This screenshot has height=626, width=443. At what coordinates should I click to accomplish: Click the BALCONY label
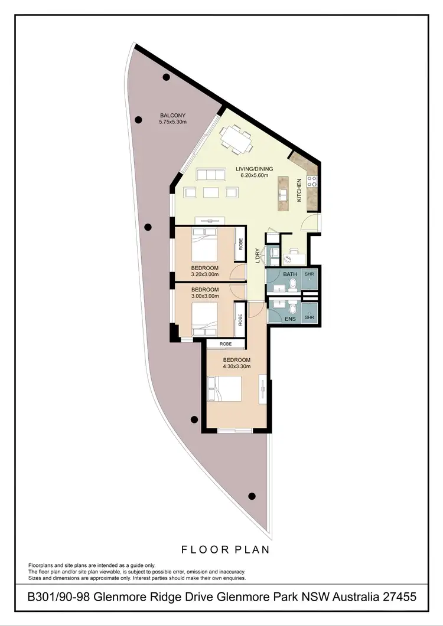click(172, 116)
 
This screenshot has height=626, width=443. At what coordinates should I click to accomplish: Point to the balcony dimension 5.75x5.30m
click(172, 122)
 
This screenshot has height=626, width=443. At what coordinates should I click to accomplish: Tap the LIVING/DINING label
click(252, 169)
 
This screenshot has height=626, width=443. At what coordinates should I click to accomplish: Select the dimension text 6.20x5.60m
click(252, 175)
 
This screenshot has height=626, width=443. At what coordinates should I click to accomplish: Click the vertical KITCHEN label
click(299, 190)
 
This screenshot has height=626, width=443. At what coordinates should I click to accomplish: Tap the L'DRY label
click(258, 254)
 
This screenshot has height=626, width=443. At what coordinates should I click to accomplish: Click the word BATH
click(289, 274)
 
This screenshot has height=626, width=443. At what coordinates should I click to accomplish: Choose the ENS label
click(289, 319)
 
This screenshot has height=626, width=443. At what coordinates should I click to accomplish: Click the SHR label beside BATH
click(309, 274)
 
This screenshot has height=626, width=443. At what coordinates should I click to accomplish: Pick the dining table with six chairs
click(236, 139)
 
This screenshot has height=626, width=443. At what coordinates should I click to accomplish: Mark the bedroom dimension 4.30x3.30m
click(236, 366)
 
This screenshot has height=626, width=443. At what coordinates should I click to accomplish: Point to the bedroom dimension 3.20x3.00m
click(204, 274)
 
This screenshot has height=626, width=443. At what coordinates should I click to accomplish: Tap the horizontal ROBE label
click(225, 343)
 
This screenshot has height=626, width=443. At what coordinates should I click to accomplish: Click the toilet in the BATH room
click(292, 285)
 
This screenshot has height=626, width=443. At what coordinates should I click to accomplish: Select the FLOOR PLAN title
click(224, 549)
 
